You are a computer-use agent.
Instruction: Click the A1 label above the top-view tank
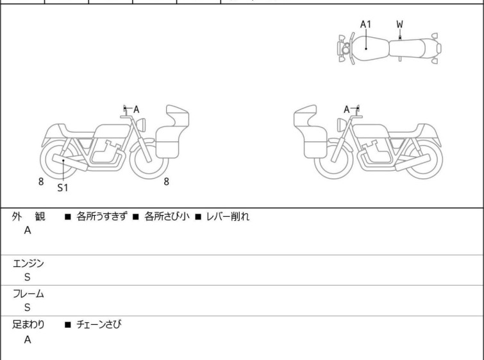pyautogui.click(x=365, y=24)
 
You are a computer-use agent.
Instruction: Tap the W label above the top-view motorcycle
pyautogui.click(x=400, y=24)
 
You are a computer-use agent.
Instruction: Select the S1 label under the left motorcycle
pyautogui.click(x=63, y=187)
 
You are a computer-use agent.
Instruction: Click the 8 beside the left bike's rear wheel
pyautogui.click(x=41, y=182)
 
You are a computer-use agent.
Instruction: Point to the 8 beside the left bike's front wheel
pyautogui.click(x=167, y=182)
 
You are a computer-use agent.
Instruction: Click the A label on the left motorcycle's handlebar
pyautogui.click(x=136, y=109)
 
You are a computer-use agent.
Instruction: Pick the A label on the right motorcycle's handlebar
pyautogui.click(x=347, y=109)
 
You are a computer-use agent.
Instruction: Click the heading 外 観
pyautogui.click(x=28, y=216)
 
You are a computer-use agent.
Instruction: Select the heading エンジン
pyautogui.click(x=28, y=264)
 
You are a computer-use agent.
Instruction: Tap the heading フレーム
pyautogui.click(x=28, y=294)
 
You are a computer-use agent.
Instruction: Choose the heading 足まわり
pyautogui.click(x=28, y=325)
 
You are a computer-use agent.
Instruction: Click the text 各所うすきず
pyautogui.click(x=101, y=216)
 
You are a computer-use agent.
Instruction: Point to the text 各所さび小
pyautogui.click(x=167, y=216)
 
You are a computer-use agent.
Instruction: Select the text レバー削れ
pyautogui.click(x=228, y=216)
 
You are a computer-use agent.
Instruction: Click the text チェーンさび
pyautogui.click(x=99, y=325)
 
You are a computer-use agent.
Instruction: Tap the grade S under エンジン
pyautogui.click(x=28, y=277)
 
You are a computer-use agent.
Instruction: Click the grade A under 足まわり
pyautogui.click(x=28, y=339)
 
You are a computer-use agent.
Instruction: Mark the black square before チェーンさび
pyautogui.click(x=68, y=325)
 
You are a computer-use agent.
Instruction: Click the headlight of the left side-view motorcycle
pyautogui.click(x=141, y=125)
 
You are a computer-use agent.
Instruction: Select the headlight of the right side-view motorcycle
pyautogui.click(x=342, y=125)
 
